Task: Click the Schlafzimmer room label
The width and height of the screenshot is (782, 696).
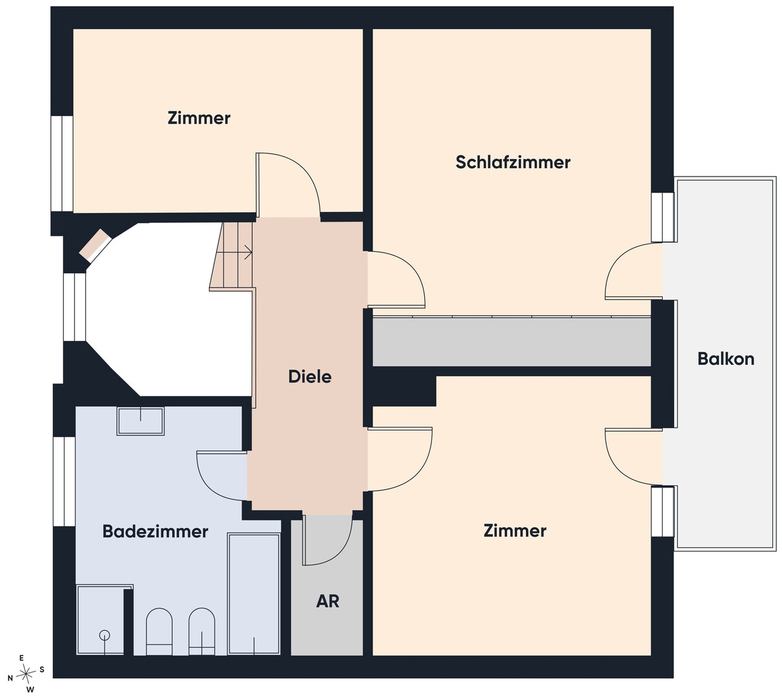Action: coord(513,162)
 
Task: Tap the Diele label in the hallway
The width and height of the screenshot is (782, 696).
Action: coord(309,376)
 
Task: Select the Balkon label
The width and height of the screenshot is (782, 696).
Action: coord(726,359)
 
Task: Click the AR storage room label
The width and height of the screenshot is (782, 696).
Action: coord(327,601)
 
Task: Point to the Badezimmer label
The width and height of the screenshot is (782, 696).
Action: coord(155,532)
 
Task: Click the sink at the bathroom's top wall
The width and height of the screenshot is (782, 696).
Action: coord(141,421)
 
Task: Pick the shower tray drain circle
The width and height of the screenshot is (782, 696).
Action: coord(104,635)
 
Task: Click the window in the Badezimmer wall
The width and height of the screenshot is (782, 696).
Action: coord(64,481)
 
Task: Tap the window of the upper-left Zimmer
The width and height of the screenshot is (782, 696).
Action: coord(62,164)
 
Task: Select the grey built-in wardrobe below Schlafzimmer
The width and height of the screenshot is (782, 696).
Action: coord(512,341)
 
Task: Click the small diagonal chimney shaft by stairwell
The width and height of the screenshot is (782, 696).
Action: coord(95,246)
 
